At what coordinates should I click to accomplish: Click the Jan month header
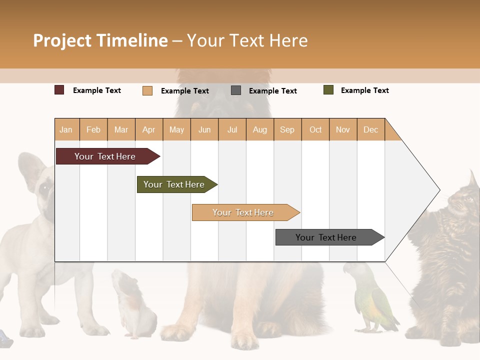pos(66,129)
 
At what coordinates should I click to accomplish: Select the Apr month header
pos(149,129)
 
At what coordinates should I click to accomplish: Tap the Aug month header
pos(259,129)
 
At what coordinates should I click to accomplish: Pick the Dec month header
pos(370,129)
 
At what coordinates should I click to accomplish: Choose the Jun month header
pos(204,129)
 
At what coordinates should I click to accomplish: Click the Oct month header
pos(315,129)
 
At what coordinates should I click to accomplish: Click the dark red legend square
pos(59,90)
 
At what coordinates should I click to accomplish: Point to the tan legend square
pos(147,90)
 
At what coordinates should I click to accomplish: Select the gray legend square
pos(236,90)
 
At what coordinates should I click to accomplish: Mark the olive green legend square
pos(328,90)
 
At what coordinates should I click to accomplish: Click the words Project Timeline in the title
pos(100,40)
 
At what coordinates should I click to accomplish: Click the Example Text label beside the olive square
pos(364,90)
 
